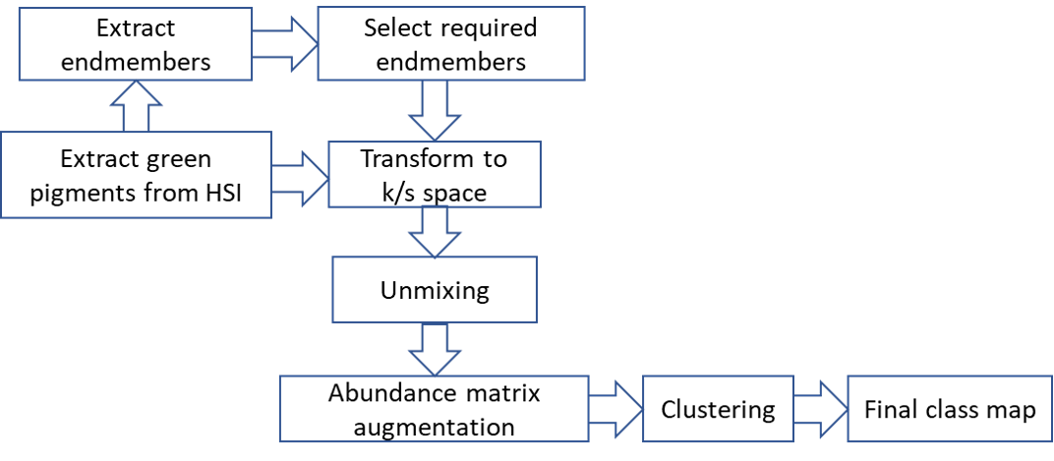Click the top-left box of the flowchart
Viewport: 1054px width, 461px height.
coord(136,43)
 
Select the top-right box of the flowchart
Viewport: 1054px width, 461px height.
coord(450,43)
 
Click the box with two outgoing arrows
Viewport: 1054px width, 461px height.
coord(136,174)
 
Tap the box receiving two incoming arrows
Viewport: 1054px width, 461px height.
coord(434,174)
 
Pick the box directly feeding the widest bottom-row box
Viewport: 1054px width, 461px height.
coord(434,289)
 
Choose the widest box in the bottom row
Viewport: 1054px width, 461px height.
coord(434,408)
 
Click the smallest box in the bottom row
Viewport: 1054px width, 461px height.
coord(718,408)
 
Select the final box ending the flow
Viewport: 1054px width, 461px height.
coord(949,408)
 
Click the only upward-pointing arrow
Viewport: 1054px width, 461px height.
coord(136,106)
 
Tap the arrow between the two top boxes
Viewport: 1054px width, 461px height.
coord(284,43)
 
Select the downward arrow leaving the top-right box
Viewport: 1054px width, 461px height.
coord(434,110)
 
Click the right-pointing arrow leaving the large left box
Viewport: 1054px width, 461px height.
coord(299,178)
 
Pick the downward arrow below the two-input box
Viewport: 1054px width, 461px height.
coord(434,231)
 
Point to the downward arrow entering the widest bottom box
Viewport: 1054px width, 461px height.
coord(434,348)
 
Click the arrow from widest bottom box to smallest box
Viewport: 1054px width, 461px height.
coord(615,409)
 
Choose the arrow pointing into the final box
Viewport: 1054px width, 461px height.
coord(819,409)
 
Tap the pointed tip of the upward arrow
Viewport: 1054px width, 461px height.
coord(136,83)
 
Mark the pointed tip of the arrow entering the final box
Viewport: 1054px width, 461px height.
coord(846,409)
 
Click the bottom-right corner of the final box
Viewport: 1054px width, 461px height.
coord(1051,440)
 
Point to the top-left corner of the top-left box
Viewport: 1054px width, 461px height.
coord(20,8)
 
